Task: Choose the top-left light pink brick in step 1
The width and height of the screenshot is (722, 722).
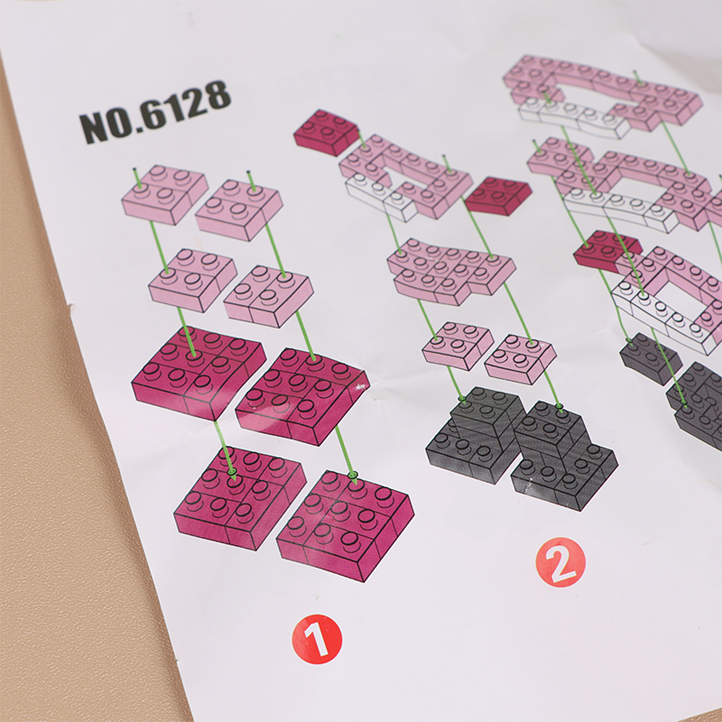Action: coord(165,195)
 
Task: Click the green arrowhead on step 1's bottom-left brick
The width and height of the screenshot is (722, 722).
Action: coord(233,472)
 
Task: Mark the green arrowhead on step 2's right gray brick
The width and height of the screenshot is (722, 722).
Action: coord(560,406)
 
